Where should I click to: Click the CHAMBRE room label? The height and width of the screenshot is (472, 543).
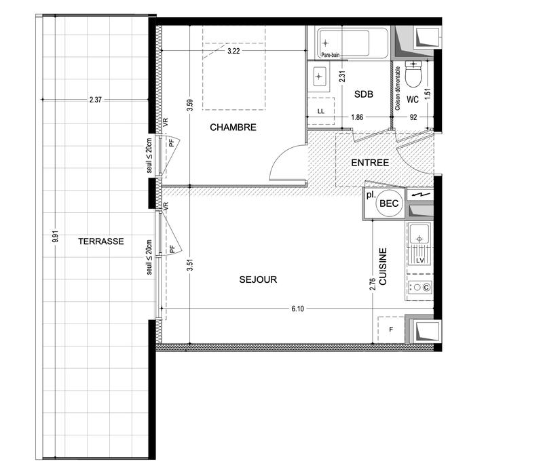coord(233,127)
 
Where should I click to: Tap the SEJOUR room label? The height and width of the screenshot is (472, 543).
coord(257,279)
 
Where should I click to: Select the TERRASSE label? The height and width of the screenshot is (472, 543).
coord(100,241)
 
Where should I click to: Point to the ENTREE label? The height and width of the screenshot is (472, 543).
coord(370,163)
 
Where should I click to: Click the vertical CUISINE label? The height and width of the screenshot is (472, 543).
coord(383,267)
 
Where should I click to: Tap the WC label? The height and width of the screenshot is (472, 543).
coord(412,100)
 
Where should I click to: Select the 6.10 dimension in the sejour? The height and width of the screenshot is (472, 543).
coord(297,309)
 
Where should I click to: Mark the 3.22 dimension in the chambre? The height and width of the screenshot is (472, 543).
coord(233,51)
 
